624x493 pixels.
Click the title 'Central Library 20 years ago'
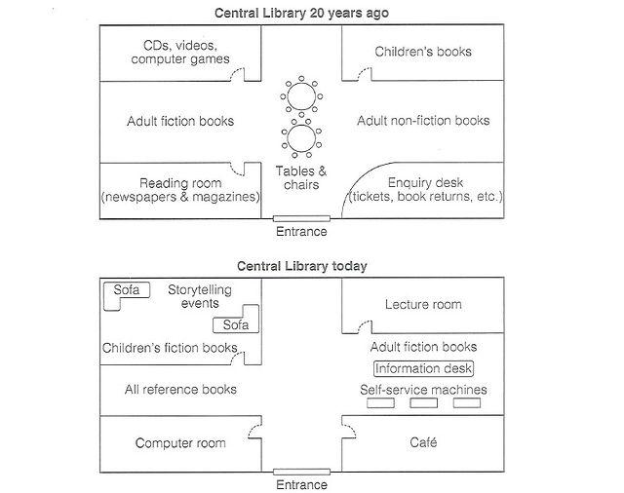(x=301, y=13)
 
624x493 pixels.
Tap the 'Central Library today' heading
(x=301, y=265)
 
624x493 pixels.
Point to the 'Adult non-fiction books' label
(x=423, y=121)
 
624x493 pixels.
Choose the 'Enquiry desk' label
(x=425, y=182)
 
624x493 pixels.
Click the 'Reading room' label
(x=180, y=182)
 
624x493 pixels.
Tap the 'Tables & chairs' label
(x=301, y=177)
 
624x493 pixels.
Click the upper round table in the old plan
(x=301, y=97)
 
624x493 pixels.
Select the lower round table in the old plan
(x=301, y=138)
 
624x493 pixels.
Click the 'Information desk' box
(x=423, y=368)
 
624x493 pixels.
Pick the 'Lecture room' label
(x=423, y=305)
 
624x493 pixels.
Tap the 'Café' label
(x=423, y=443)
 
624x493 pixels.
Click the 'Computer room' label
(x=180, y=443)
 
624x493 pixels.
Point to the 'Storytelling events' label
(x=200, y=296)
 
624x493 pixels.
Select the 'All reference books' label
(x=180, y=390)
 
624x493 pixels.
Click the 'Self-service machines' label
(x=423, y=390)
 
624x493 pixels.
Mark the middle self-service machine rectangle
(x=423, y=403)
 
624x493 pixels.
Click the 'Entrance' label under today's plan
(x=301, y=484)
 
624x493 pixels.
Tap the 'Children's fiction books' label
(x=170, y=348)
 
